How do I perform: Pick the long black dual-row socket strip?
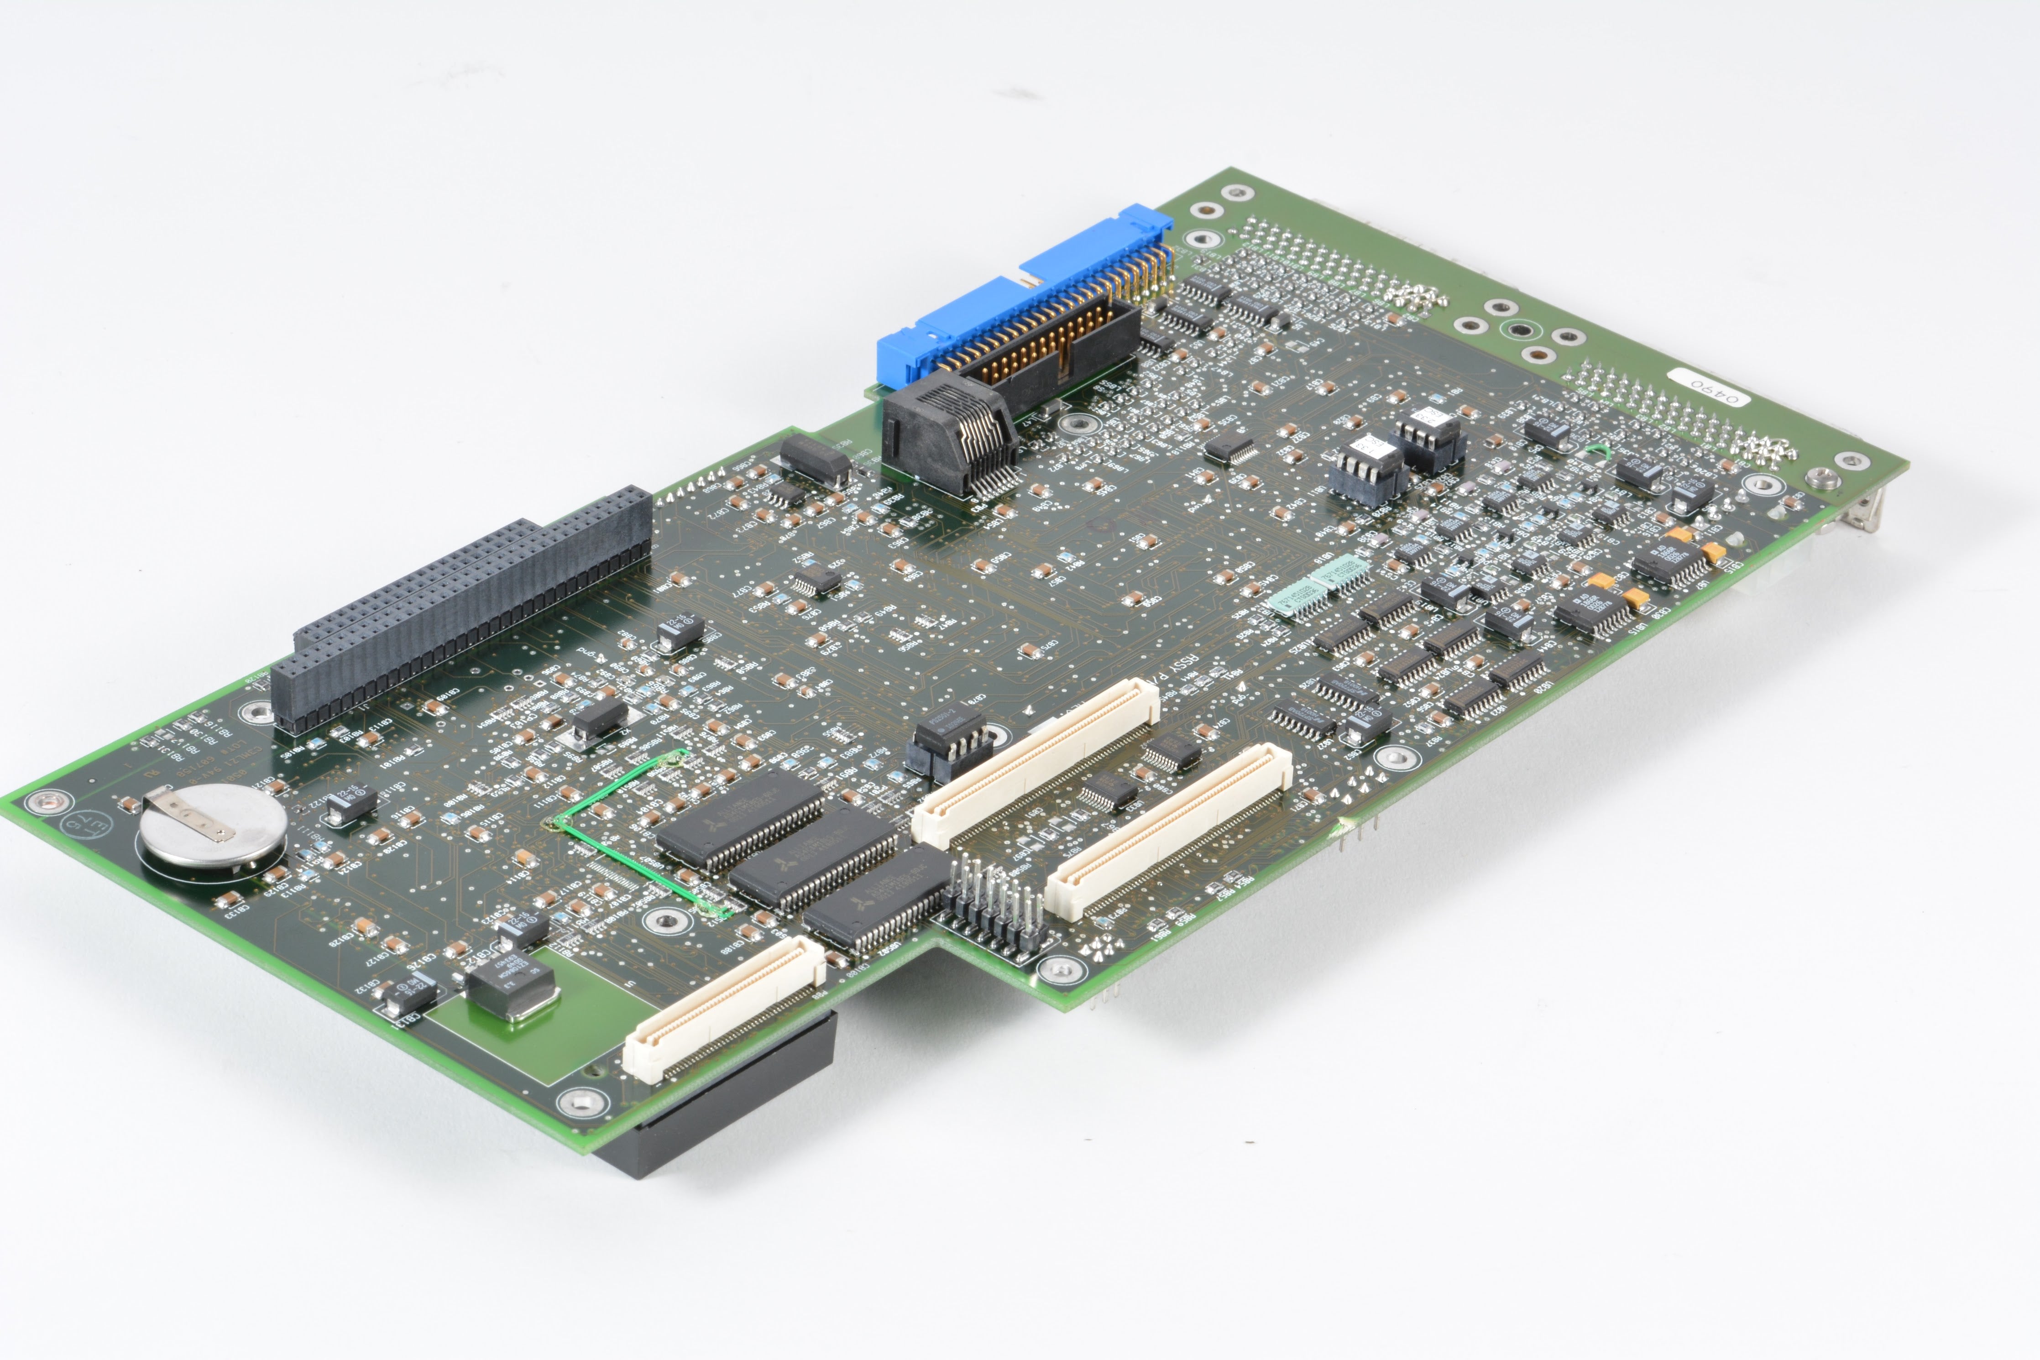(460, 607)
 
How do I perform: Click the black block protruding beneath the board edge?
(737, 1102)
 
